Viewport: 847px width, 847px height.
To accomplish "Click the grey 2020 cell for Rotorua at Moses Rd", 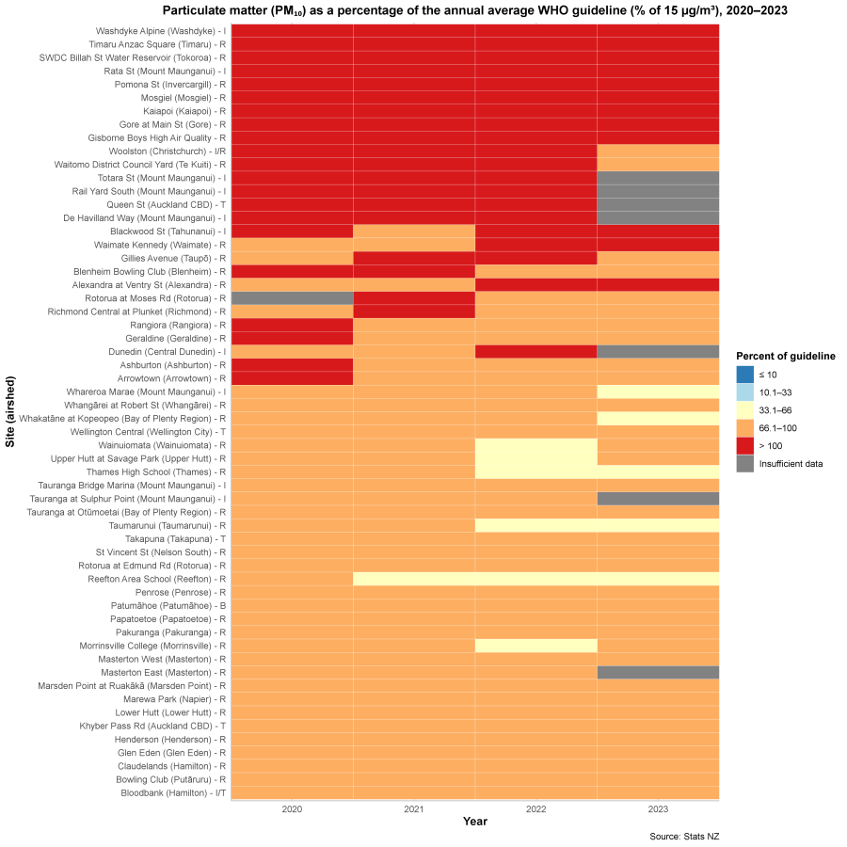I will [x=292, y=297].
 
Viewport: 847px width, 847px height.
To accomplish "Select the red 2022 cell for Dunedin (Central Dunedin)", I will [x=535, y=351].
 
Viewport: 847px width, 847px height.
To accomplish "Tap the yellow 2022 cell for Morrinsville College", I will [x=535, y=646].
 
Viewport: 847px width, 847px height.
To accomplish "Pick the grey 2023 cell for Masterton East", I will [x=658, y=672].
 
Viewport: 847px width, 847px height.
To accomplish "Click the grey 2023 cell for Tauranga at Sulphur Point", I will [x=658, y=498].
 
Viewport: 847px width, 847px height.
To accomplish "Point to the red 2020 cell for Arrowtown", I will [x=292, y=377].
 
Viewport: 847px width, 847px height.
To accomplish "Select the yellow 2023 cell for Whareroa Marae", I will [x=658, y=391].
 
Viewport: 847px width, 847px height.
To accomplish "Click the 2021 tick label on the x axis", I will [x=414, y=808].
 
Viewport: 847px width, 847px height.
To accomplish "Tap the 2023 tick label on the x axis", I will [x=658, y=808].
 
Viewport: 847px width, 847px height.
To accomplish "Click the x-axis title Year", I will [x=475, y=822].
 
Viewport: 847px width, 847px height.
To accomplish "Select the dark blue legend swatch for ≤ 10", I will [x=745, y=375].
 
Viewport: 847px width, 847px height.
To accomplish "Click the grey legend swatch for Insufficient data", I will [x=745, y=464].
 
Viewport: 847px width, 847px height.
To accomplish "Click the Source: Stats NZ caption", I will [x=684, y=837].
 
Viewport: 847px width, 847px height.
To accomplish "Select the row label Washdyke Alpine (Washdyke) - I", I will [x=158, y=30].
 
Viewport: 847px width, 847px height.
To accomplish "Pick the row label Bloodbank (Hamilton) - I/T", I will [x=173, y=792].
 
